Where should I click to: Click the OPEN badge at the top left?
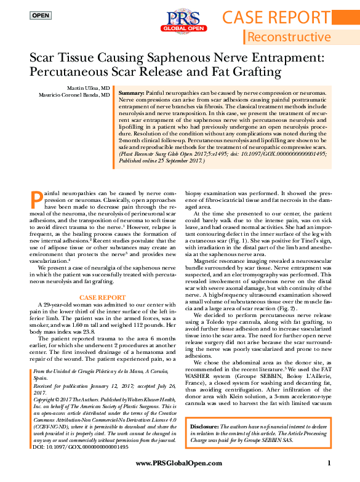(x=41, y=15)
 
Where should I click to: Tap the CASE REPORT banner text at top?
(x=284, y=17)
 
